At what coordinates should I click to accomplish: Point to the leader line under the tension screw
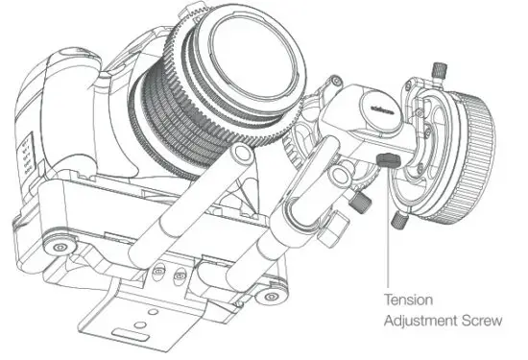[x=386, y=230]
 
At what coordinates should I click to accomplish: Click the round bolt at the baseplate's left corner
[x=60, y=249]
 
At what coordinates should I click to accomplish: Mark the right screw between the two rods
[x=179, y=278]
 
